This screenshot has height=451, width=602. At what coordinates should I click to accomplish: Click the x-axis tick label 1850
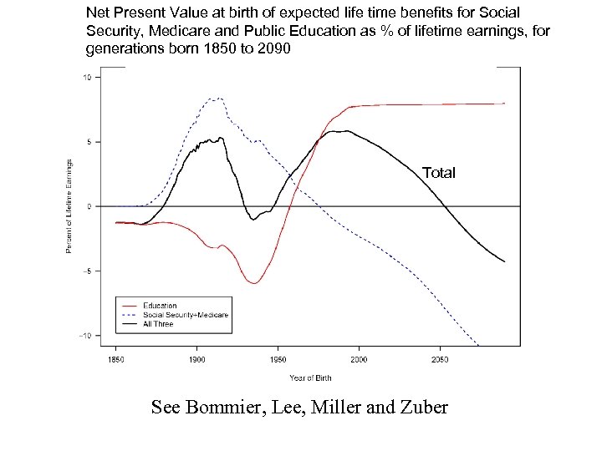115,359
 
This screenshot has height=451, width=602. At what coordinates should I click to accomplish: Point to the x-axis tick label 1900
196,359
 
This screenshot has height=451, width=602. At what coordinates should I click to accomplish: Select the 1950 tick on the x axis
278,359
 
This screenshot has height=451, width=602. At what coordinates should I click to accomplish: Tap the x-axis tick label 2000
359,359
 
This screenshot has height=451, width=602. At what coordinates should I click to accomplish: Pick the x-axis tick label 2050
440,359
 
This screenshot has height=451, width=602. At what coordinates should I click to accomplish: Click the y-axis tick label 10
88,78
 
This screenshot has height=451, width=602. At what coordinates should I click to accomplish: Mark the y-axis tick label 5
89,142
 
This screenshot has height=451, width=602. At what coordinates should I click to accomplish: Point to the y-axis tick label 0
89,206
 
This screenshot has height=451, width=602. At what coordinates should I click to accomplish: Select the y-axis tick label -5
88,271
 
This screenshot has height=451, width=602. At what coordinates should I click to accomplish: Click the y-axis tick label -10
86,335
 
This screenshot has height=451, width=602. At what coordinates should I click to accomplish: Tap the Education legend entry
159,306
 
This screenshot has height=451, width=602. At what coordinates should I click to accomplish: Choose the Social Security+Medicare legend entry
185,315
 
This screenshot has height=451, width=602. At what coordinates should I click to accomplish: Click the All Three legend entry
158,323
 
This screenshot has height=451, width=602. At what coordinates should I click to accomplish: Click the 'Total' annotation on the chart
439,173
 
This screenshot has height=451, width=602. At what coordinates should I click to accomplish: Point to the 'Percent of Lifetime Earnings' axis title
70,205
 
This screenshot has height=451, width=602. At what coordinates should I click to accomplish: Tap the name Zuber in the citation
423,408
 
